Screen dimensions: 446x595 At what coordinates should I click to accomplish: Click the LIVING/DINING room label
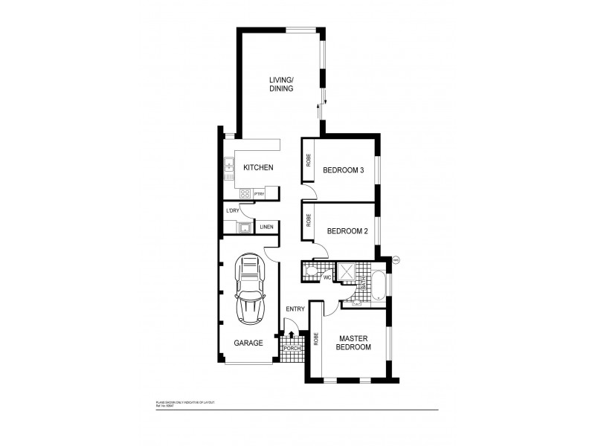281,84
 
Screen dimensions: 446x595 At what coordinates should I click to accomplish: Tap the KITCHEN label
258,168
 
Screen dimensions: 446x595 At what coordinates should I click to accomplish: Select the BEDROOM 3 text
343,170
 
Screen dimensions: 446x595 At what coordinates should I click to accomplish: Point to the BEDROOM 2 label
347,231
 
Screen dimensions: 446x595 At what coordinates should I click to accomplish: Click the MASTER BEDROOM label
354,343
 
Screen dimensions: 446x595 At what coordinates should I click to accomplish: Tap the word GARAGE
248,343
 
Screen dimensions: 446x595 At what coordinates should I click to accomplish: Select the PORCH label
291,349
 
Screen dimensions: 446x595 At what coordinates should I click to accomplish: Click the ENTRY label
295,309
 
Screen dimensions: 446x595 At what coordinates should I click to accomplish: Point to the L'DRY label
233,211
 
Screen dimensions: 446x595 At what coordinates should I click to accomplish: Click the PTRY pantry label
260,194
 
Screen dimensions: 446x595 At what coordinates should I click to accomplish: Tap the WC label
326,277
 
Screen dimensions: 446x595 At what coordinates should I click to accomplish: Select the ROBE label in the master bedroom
316,340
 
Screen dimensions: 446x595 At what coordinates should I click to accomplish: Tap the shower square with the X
347,271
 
